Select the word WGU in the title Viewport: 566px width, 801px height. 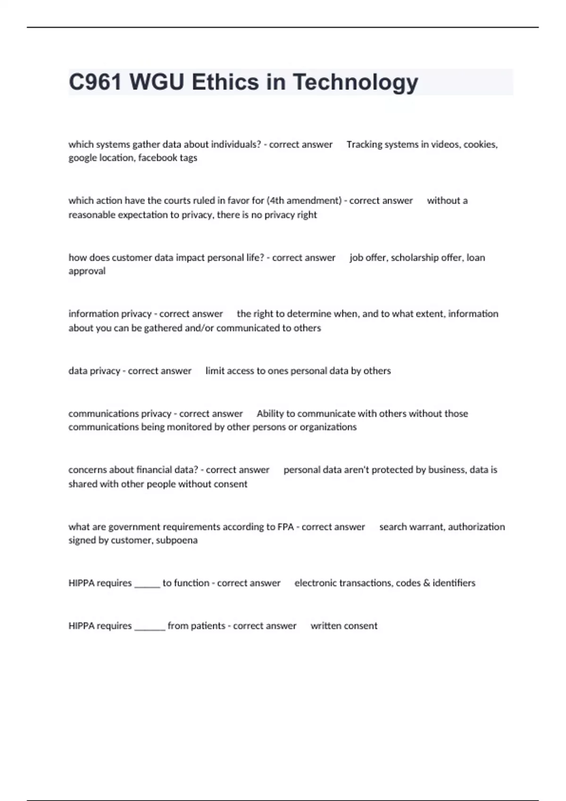tap(157, 82)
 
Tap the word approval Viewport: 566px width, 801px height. tap(87, 271)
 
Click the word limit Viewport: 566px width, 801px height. tap(215, 371)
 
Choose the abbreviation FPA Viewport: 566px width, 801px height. tap(286, 527)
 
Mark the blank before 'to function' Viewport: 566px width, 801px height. tap(147, 584)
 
